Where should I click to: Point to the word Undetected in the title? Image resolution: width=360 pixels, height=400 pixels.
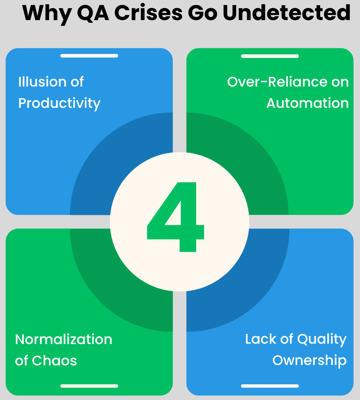(x=286, y=13)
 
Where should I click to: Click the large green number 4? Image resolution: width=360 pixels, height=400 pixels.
(x=176, y=217)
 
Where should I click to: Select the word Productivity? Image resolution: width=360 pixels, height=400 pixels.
(x=59, y=103)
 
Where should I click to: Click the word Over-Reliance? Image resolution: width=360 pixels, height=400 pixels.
(x=272, y=82)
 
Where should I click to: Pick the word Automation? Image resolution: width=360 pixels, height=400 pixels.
(x=308, y=103)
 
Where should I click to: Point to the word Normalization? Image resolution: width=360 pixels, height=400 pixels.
(x=64, y=339)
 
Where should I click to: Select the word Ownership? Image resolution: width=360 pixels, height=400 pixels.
(x=309, y=361)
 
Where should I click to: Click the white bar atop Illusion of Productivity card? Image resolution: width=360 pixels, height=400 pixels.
(x=89, y=56)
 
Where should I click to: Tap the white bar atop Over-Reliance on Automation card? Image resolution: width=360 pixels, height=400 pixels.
(x=270, y=56)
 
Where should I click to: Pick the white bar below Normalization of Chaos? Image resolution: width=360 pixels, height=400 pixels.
(x=89, y=386)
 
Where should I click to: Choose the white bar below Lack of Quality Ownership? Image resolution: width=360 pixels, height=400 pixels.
(x=270, y=386)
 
